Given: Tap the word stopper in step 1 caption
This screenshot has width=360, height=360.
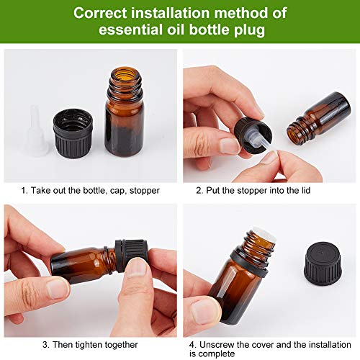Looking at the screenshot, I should coord(144,190).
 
